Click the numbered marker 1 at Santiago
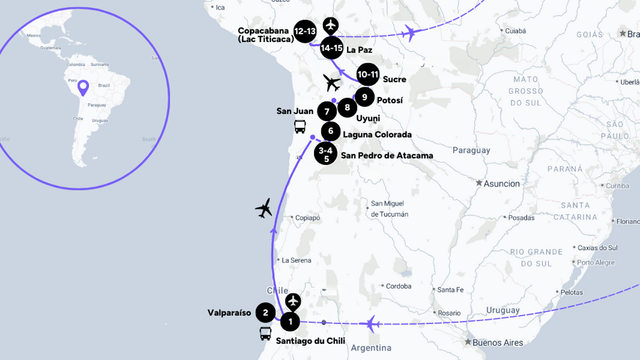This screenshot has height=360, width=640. (x=290, y=321)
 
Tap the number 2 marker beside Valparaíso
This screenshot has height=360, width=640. (x=265, y=313)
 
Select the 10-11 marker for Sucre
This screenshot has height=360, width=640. (x=368, y=75)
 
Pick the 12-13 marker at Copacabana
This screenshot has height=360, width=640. (x=305, y=31)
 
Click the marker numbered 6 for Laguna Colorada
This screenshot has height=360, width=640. (x=331, y=131)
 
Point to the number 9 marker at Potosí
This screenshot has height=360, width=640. (x=364, y=97)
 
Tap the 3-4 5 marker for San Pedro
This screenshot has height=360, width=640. (x=325, y=154)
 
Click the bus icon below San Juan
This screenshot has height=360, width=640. (x=300, y=126)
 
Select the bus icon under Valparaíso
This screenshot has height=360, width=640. (x=265, y=333)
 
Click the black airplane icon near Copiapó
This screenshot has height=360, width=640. (x=264, y=208)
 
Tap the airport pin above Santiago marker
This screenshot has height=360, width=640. (x=293, y=301)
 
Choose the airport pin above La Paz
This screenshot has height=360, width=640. (x=331, y=25)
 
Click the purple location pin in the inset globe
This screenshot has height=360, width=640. (x=83, y=87)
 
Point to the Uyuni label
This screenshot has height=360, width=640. (x=368, y=118)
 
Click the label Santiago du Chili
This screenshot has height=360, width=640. (x=310, y=341)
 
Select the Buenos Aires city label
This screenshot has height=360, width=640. (x=498, y=343)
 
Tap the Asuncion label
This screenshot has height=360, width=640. (x=501, y=184)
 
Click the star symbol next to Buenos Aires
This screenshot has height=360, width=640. (x=468, y=342)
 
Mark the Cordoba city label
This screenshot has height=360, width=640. (x=398, y=286)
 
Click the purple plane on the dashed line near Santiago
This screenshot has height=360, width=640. (x=371, y=324)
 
